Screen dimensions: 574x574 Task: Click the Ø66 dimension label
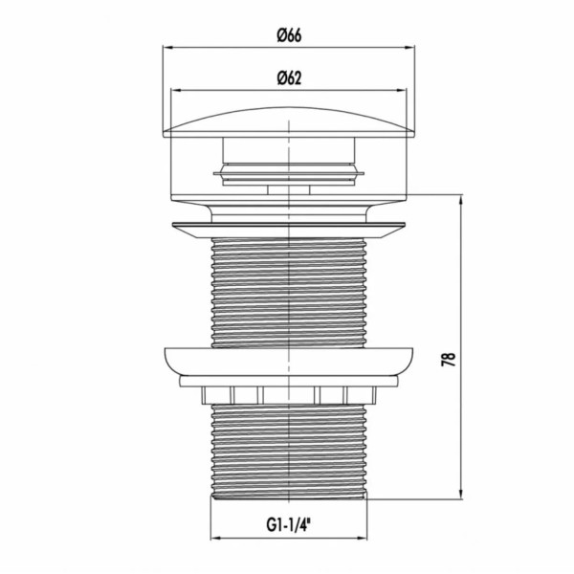[289, 35]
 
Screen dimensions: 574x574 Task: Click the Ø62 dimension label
[289, 78]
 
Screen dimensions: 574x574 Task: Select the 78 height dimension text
[449, 359]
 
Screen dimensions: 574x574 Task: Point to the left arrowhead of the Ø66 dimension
[167, 47]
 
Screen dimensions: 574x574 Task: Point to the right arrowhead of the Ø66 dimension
[409, 47]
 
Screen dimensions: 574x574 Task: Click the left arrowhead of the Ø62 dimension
[176, 90]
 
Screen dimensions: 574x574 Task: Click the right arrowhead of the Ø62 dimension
[402, 90]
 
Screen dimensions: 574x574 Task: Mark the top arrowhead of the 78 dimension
[461, 200]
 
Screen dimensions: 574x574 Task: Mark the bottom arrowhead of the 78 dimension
[461, 494]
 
